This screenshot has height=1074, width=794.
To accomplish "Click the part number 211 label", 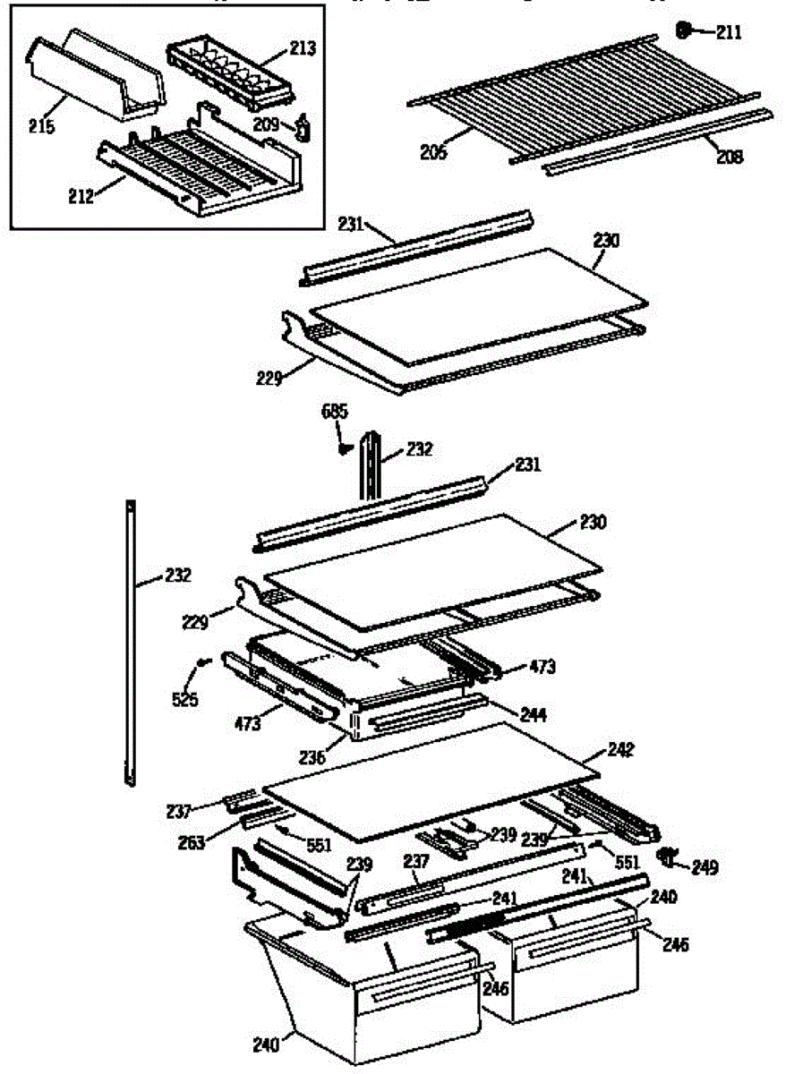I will (x=729, y=34).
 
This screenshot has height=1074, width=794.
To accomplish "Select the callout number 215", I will (x=41, y=126).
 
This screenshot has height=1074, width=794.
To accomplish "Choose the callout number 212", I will (x=81, y=197).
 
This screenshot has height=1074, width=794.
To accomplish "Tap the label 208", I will (x=730, y=158).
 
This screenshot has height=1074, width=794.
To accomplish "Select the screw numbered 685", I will (x=342, y=450).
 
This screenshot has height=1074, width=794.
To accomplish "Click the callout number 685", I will (x=334, y=413).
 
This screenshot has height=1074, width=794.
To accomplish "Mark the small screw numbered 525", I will (x=202, y=663).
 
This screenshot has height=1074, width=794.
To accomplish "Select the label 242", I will (x=620, y=750).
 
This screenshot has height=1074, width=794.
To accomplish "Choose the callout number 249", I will (x=705, y=867).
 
